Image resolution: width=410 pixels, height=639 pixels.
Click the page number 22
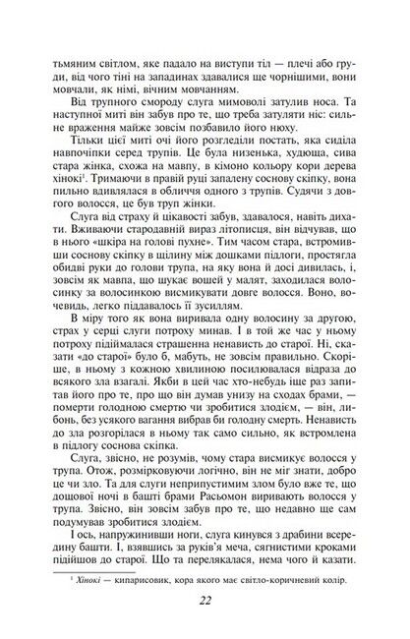pyautogui.click(x=204, y=603)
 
